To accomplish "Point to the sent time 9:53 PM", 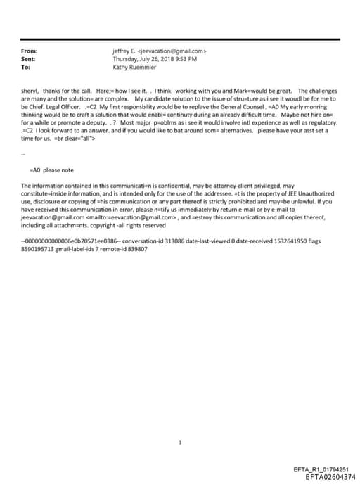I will tap(184, 59).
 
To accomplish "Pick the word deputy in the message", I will tap(100, 122).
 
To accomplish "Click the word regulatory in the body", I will tap(322, 122).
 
